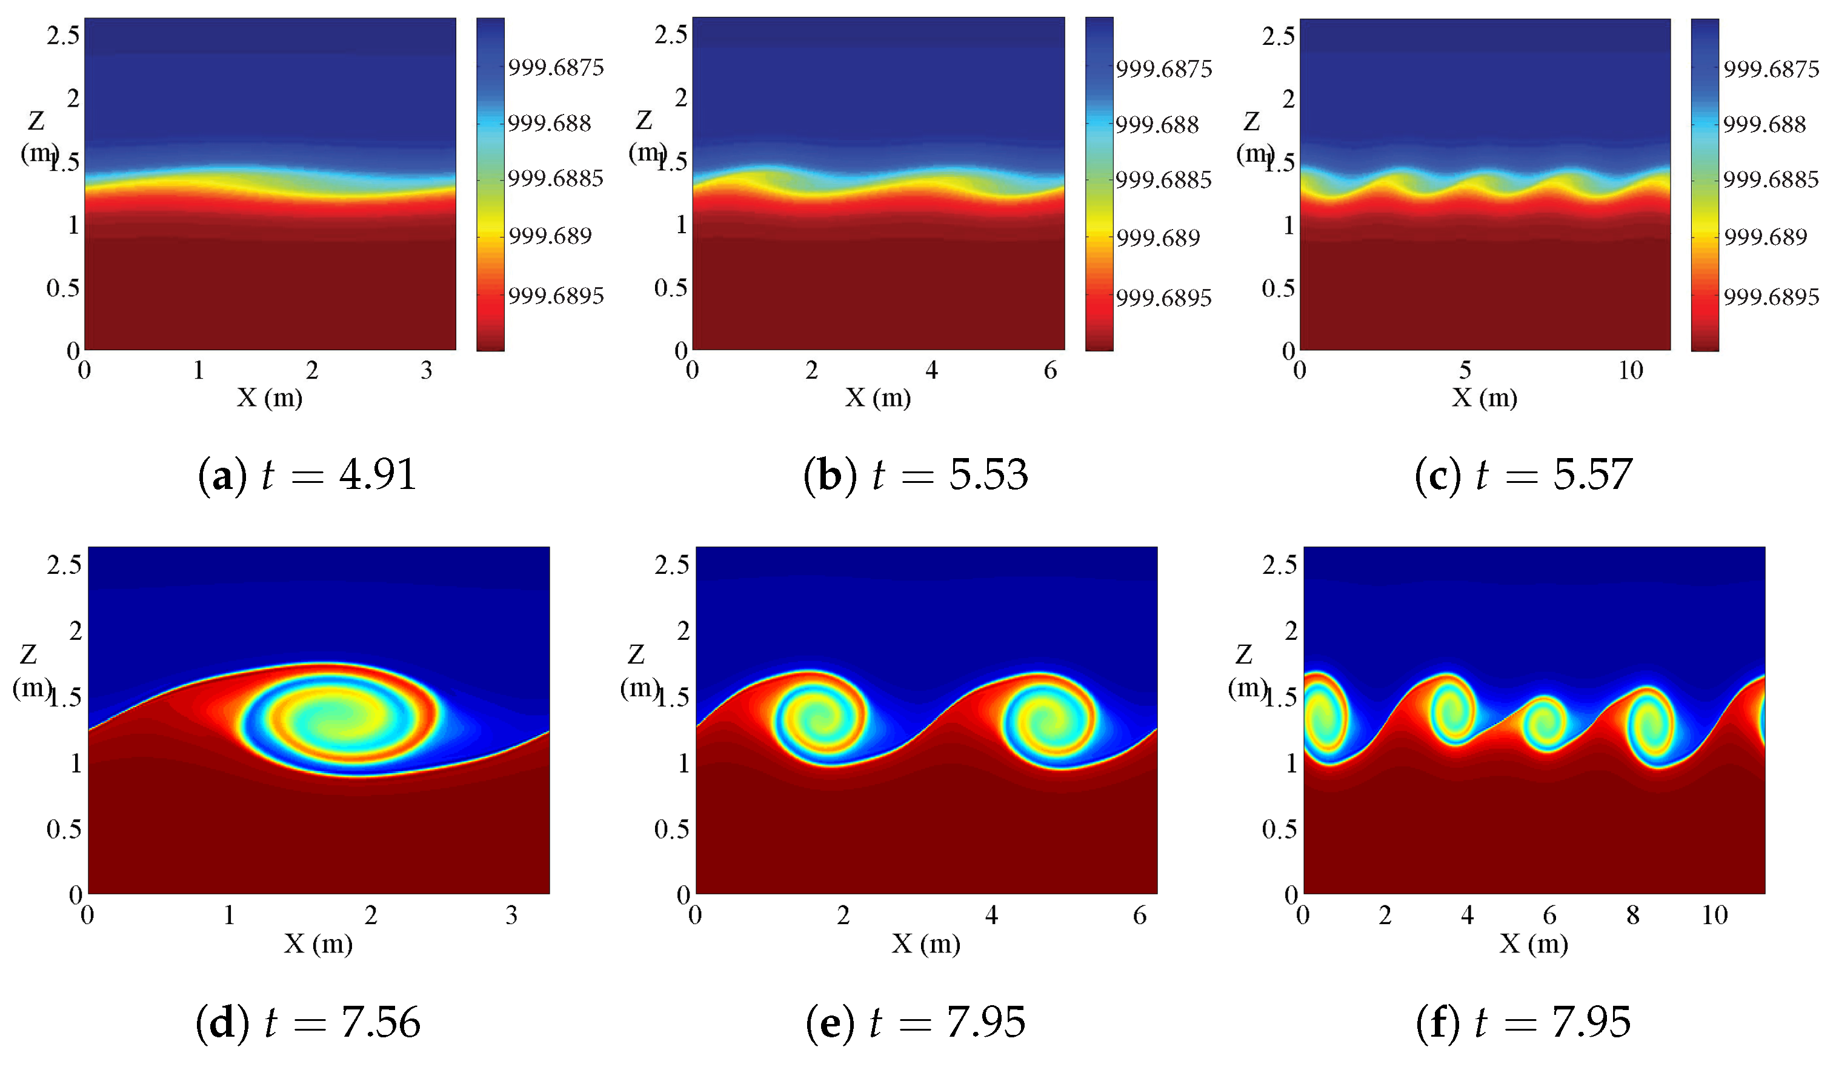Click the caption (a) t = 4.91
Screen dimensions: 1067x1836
point(307,475)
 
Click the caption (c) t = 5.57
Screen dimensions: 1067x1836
point(1523,475)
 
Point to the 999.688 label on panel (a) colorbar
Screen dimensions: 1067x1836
point(550,123)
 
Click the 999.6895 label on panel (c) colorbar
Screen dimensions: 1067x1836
point(1771,296)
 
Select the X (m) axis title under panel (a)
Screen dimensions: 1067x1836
point(270,397)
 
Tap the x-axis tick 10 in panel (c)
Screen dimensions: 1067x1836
point(1631,371)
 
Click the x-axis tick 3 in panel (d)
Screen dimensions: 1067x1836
point(511,915)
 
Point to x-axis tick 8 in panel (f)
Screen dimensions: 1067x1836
point(1633,915)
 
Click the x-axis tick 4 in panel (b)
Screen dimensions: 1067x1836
point(931,371)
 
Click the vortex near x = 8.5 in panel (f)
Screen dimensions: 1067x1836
point(1651,726)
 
